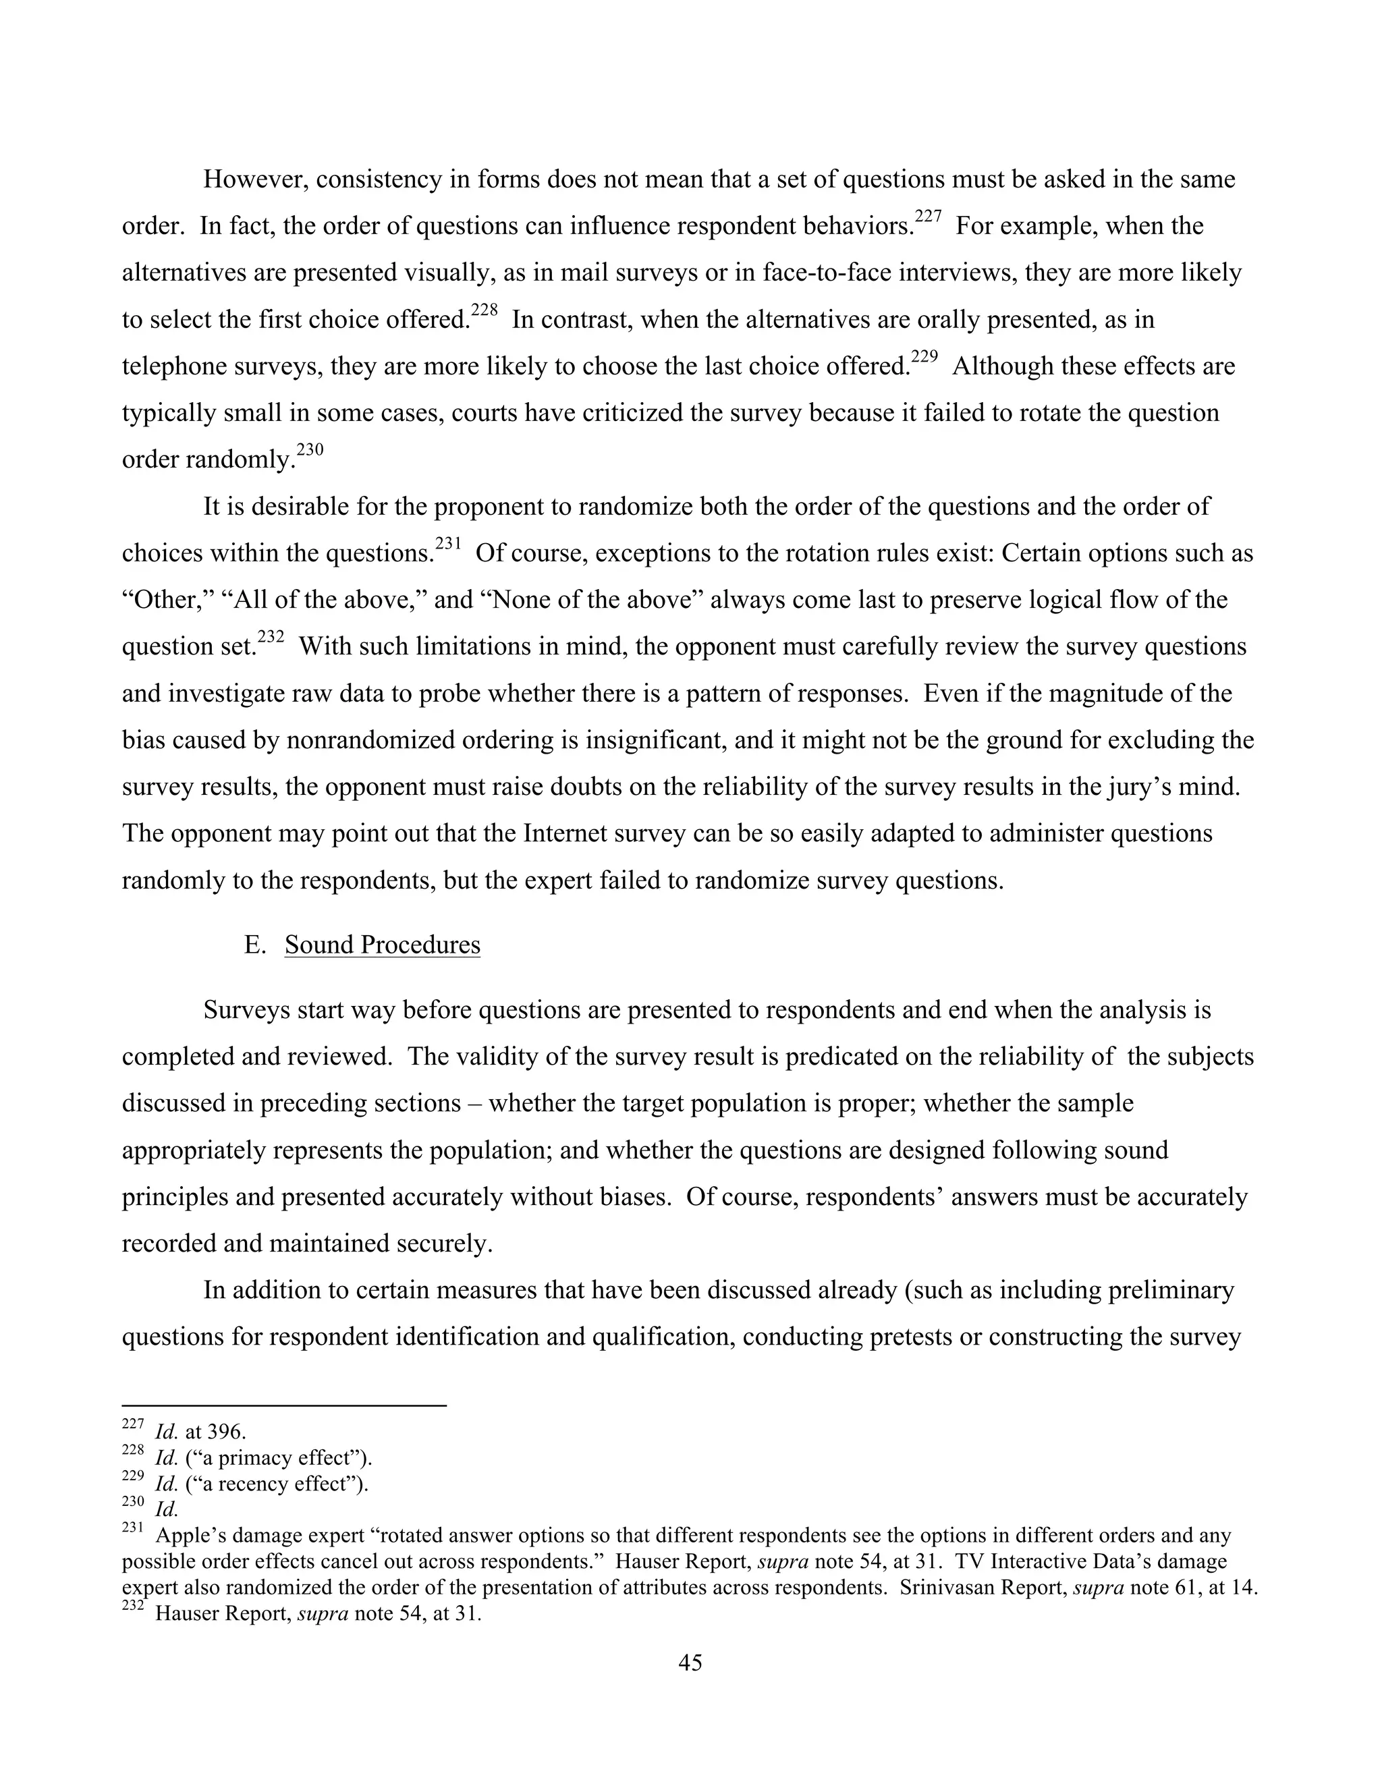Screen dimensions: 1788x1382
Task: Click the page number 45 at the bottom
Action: coord(690,1663)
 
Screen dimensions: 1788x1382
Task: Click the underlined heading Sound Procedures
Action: coord(383,945)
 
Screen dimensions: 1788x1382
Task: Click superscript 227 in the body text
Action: coord(928,217)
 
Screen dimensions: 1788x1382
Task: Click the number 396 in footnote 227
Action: coord(226,1432)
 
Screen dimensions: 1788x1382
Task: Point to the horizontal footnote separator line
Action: coord(283,1405)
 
